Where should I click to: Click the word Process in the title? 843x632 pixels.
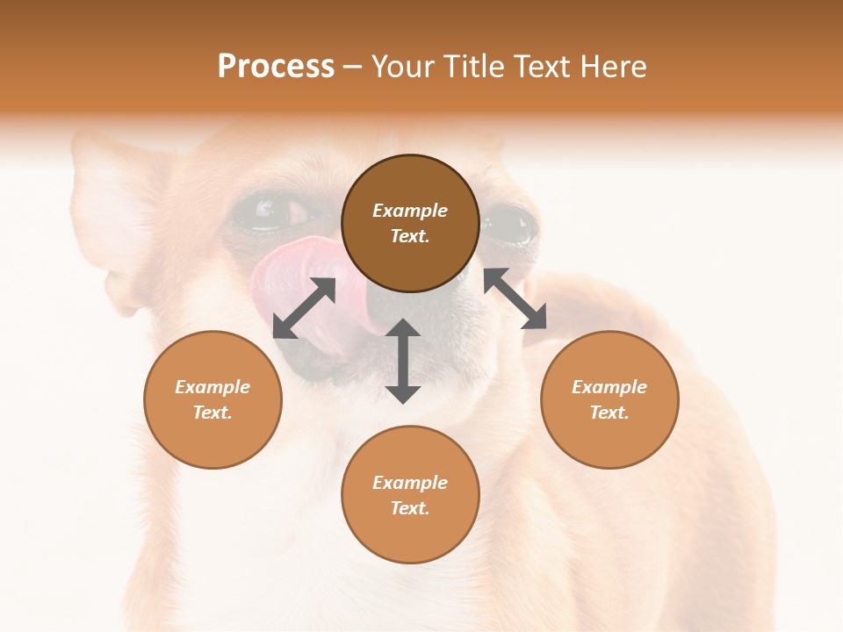click(276, 67)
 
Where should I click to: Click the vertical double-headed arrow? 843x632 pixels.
click(403, 361)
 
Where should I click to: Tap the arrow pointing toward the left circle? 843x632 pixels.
click(304, 308)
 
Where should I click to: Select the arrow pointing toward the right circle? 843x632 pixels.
click(515, 298)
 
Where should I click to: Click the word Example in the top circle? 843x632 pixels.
click(410, 211)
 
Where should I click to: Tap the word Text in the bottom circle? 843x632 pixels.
click(410, 508)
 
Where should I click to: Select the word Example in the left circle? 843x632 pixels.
click(213, 387)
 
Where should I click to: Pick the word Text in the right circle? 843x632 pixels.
click(609, 413)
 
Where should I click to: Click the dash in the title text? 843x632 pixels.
click(353, 68)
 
